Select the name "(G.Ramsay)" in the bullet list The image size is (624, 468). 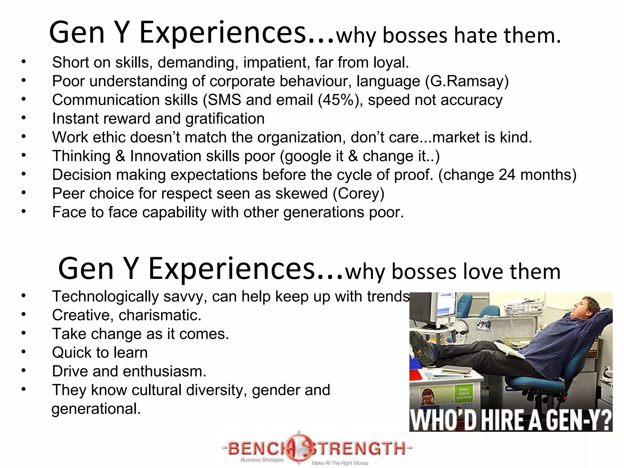pos(467,81)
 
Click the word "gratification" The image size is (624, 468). pos(225,119)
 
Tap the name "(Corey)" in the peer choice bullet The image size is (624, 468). pos(358,194)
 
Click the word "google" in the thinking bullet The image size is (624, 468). pos(307,156)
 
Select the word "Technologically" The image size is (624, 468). pos(105,296)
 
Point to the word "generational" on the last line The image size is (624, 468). pos(96,409)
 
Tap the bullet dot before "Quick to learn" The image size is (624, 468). pos(24,352)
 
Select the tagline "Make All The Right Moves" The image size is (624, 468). pos(340,463)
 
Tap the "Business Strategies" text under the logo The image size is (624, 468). pos(262,460)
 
